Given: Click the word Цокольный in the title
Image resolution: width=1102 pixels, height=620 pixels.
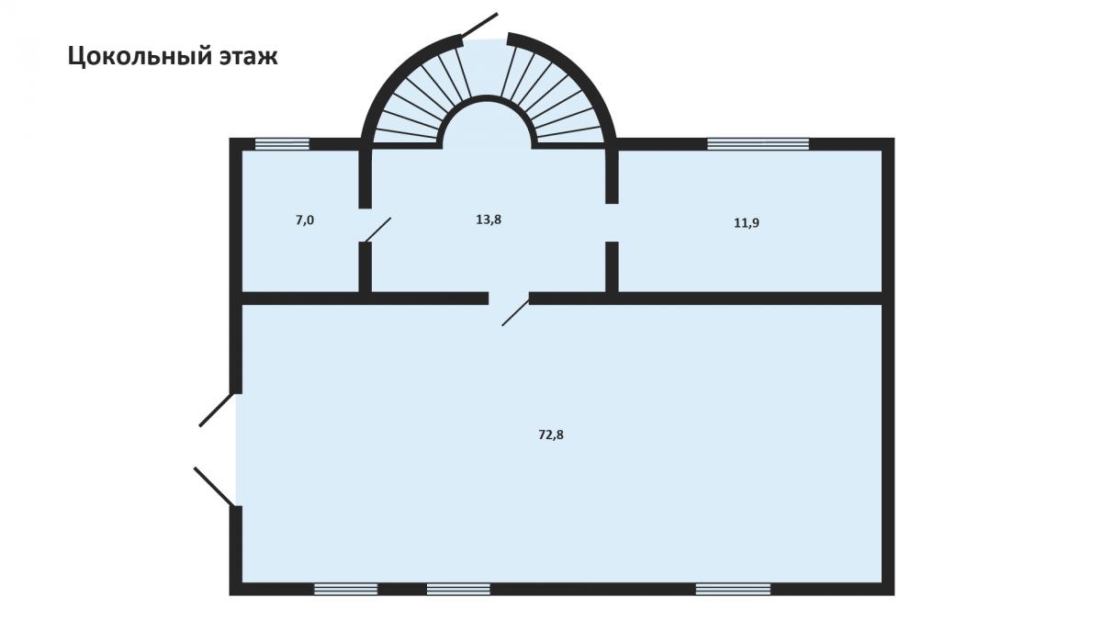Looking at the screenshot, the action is tap(133, 57).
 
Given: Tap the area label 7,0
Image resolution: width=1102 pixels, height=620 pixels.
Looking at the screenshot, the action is tap(305, 220).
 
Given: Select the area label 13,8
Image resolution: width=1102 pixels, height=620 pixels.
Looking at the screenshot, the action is tap(489, 220).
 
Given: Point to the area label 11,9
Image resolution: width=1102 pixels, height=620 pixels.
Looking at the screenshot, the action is tap(747, 223).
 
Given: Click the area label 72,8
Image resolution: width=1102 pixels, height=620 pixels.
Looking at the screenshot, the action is tap(551, 435).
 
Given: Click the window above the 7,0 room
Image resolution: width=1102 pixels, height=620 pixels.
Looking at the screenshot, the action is tap(282, 144).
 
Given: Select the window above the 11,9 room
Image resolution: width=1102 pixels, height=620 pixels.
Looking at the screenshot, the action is tap(759, 144).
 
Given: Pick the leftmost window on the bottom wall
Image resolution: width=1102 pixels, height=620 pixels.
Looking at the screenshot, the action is tap(345, 589).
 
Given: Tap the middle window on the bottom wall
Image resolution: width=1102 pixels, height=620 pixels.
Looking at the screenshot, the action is tap(458, 589).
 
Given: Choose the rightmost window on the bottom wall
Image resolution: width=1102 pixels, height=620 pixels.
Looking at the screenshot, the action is tap(733, 589).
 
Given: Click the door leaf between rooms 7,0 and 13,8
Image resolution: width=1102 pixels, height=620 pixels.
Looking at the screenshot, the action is tap(377, 230).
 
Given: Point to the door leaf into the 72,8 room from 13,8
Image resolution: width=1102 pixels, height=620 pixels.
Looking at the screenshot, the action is tap(515, 312).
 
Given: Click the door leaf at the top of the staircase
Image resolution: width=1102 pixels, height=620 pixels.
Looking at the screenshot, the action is tap(479, 25).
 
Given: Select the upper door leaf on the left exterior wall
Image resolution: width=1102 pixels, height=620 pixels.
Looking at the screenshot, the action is tap(216, 410).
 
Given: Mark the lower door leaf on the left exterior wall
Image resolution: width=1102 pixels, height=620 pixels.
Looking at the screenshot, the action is tap(213, 487).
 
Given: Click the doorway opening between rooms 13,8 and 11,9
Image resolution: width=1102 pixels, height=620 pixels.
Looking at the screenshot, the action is tap(612, 222).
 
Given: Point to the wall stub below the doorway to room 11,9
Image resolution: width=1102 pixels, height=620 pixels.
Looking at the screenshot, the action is tap(612, 266).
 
